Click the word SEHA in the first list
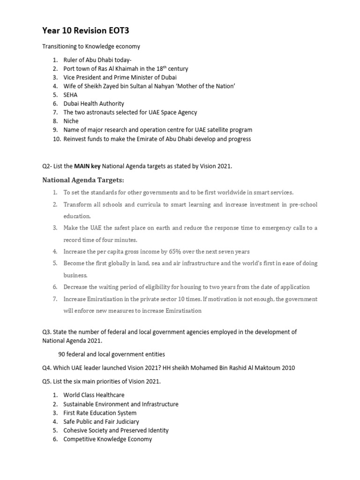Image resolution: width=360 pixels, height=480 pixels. (71, 95)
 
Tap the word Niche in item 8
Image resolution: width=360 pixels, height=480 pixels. (71, 121)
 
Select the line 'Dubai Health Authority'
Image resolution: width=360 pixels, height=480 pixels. (94, 104)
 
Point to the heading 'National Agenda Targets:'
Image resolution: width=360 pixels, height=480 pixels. (83, 180)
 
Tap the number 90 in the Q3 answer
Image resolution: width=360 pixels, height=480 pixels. (62, 354)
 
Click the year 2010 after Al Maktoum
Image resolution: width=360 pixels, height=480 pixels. (288, 368)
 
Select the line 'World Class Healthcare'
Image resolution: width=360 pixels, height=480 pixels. (94, 395)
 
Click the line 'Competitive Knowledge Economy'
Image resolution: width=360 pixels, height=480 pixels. (107, 439)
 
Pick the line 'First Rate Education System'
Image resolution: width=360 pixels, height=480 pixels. (100, 413)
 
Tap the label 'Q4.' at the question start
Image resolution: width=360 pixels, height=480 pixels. (47, 368)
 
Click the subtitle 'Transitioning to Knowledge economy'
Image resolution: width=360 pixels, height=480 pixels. (91, 46)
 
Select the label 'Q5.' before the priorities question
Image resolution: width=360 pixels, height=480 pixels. (47, 382)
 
